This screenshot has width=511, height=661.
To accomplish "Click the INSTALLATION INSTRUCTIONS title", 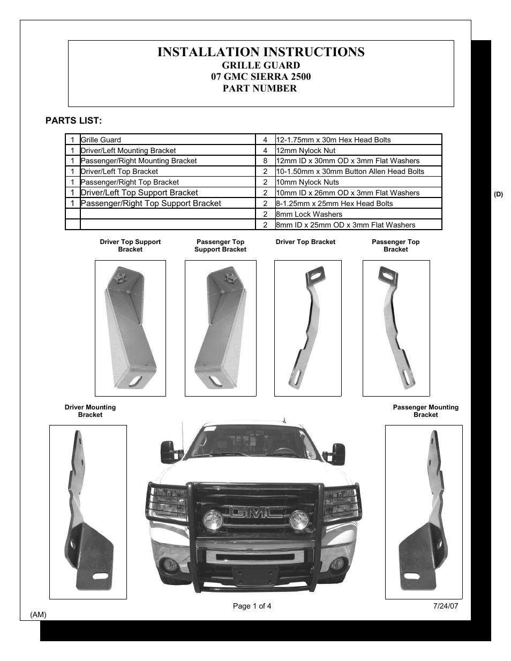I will pos(261,52).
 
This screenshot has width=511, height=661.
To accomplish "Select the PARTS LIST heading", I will pos(73,120).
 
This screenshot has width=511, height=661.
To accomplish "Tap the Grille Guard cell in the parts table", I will pos(101,140).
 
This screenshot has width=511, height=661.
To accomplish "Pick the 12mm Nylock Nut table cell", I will pos(306,150).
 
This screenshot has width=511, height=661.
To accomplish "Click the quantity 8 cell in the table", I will pos(265,161).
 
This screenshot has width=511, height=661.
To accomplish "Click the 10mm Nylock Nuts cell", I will pos(307,182).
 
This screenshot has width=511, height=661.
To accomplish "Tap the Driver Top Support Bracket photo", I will pos(130,328).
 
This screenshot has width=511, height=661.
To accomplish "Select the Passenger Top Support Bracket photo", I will pos(220,328).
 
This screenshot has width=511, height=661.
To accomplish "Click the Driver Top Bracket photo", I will pos(307,328).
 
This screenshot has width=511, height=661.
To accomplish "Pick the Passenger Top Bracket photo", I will pos(396,328).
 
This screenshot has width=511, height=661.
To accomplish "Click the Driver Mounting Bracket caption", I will pos(90,411).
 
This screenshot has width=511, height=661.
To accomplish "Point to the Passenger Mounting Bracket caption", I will pos(426,411).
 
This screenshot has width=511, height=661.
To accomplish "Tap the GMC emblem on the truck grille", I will pos(256,512).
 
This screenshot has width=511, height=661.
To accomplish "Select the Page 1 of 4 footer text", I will pos(252,606).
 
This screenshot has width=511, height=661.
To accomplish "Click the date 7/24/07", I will pos(446,606).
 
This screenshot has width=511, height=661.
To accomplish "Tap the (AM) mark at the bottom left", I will pos(39,614).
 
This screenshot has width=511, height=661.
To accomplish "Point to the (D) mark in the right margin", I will pos(498,194).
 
